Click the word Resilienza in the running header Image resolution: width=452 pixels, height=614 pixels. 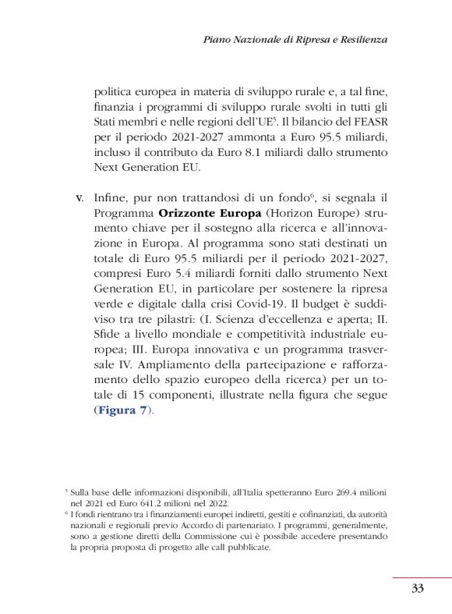click(360, 38)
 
